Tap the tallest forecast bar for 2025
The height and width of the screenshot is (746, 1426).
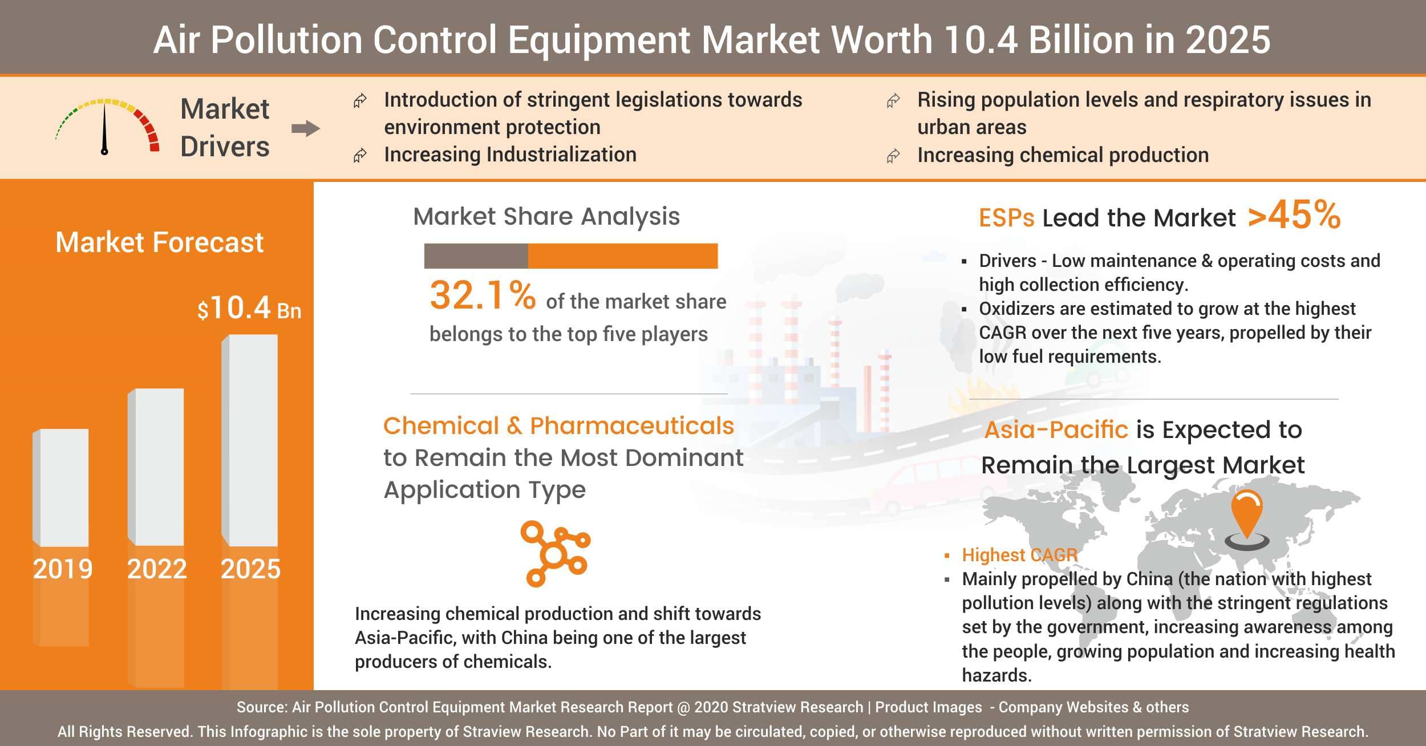(x=250, y=440)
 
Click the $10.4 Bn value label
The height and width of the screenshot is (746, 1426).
(x=249, y=309)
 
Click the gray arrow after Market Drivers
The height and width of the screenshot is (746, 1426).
(x=306, y=129)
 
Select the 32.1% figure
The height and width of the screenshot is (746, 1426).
(x=482, y=295)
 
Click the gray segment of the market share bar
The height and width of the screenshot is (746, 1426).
(x=476, y=256)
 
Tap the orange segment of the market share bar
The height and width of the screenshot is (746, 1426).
(x=622, y=256)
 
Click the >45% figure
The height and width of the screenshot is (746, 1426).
(x=1294, y=215)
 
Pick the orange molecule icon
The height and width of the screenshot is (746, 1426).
(x=554, y=553)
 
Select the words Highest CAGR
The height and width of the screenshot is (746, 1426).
(x=1019, y=555)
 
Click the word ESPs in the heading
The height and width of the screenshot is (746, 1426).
(x=1006, y=218)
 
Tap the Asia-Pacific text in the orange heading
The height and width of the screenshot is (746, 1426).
(x=1056, y=430)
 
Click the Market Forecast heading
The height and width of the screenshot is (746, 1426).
(x=159, y=242)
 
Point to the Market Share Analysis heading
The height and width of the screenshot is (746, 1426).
(x=546, y=217)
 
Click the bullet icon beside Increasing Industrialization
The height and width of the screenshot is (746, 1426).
(x=359, y=156)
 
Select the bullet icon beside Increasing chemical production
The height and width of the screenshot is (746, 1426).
(x=893, y=156)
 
